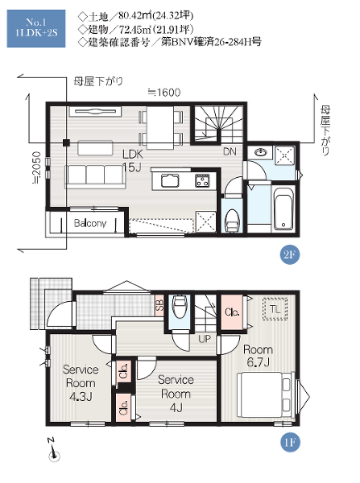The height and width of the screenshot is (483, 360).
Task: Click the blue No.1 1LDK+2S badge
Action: [x=36, y=28]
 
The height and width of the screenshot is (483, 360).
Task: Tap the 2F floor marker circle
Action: [x=289, y=254]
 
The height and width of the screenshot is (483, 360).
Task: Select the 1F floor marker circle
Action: [x=290, y=442]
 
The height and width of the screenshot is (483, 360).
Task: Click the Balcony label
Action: [x=90, y=223]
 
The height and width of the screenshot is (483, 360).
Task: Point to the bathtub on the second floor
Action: [x=283, y=208]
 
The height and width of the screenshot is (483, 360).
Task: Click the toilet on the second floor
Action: [x=232, y=221]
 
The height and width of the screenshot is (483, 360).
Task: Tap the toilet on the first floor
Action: [x=179, y=306]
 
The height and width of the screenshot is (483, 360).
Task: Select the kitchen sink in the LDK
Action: [x=169, y=180]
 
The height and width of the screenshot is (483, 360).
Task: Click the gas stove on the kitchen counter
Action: [x=202, y=180]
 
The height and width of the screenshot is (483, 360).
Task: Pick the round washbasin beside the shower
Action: [x=262, y=152]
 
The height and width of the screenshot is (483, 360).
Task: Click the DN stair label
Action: [x=230, y=151]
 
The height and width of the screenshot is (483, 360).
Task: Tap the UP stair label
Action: [x=205, y=339]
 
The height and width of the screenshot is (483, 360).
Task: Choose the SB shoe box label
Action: [x=159, y=305]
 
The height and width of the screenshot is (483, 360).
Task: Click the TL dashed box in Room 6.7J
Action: [x=275, y=309]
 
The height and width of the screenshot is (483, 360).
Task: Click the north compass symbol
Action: [x=54, y=450]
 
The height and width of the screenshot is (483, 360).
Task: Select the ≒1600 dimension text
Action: [x=164, y=93]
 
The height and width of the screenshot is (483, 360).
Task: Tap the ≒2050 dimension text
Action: [x=37, y=167]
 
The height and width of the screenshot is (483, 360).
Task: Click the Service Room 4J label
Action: [x=176, y=394]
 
